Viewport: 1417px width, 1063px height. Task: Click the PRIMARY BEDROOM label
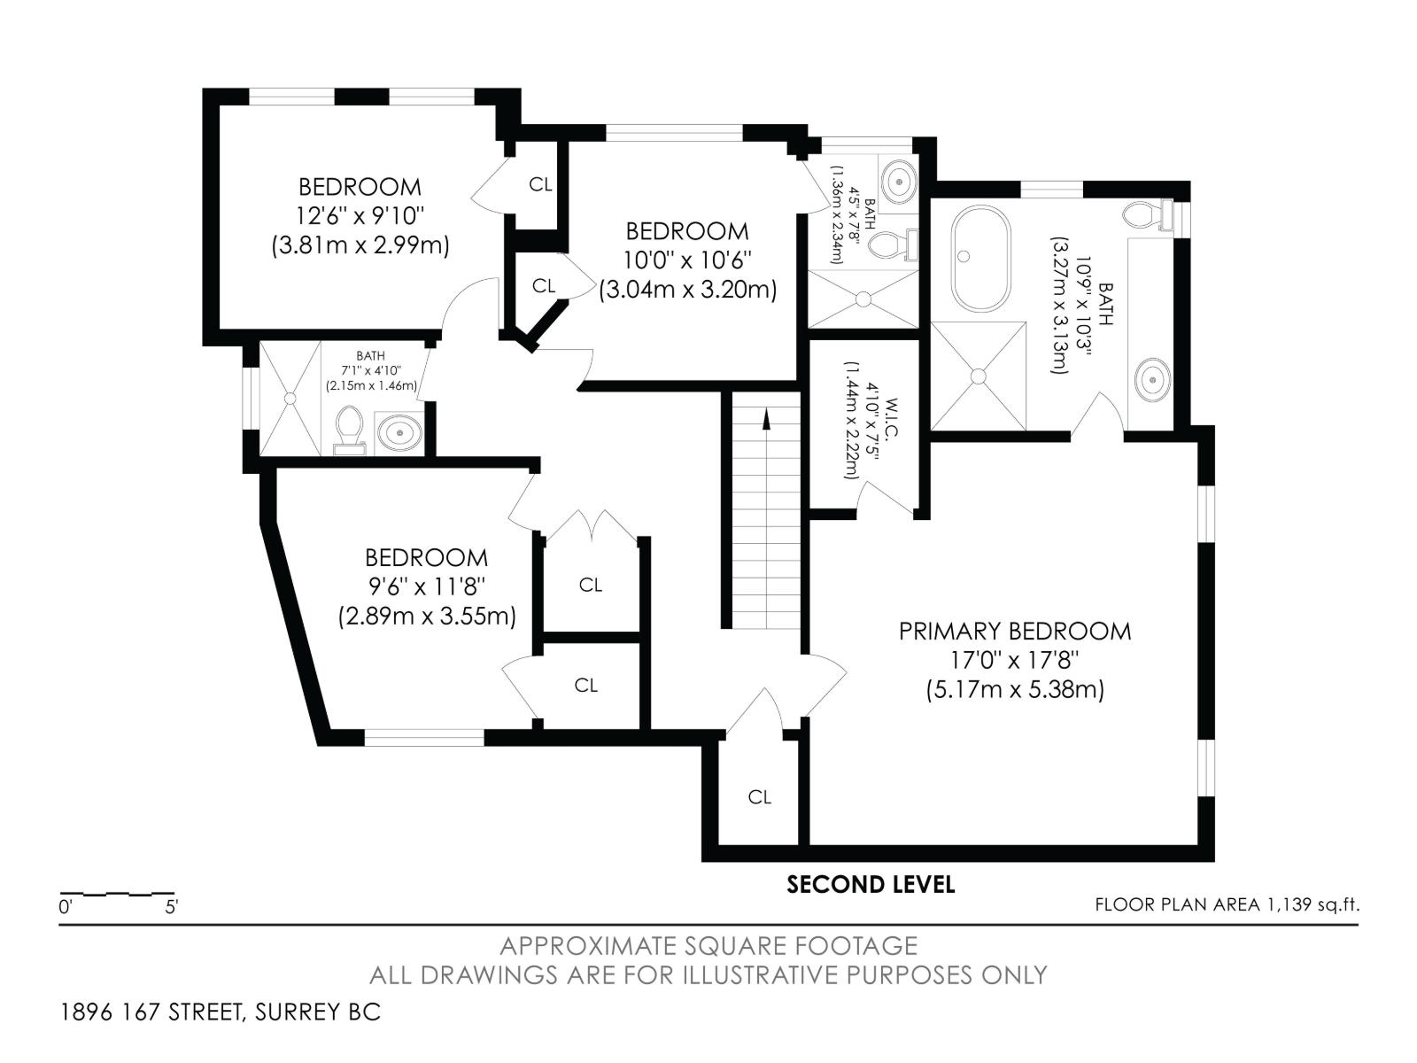[1015, 632]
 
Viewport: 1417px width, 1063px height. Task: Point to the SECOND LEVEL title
[871, 884]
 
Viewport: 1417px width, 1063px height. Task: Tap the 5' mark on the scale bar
[171, 907]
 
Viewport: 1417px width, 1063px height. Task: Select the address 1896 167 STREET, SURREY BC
[221, 1012]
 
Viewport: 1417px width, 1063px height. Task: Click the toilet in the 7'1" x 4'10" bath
[350, 430]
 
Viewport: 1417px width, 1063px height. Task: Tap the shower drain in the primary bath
[979, 376]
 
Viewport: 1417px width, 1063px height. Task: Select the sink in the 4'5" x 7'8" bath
[898, 182]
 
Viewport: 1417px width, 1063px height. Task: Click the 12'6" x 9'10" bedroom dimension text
[360, 215]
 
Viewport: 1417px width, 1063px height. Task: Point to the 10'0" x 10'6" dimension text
[687, 260]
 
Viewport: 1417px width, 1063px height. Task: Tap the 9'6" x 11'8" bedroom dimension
[427, 586]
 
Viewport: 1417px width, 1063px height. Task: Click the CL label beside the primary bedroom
[759, 797]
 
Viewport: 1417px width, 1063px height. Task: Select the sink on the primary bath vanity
[1153, 381]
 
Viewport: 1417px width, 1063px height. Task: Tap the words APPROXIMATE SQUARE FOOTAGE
[708, 946]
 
